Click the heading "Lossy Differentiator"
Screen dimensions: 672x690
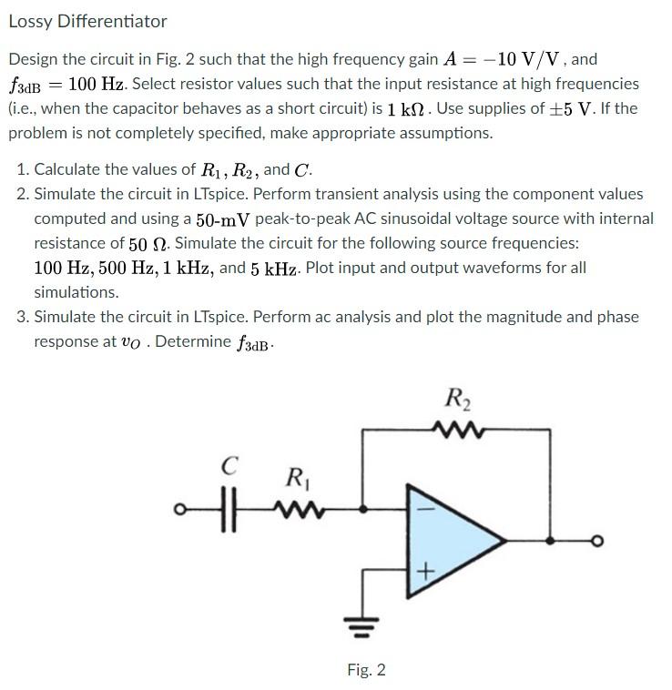pos(87,21)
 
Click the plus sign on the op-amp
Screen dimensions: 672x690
pos(426,571)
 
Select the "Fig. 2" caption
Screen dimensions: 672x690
pos(366,670)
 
